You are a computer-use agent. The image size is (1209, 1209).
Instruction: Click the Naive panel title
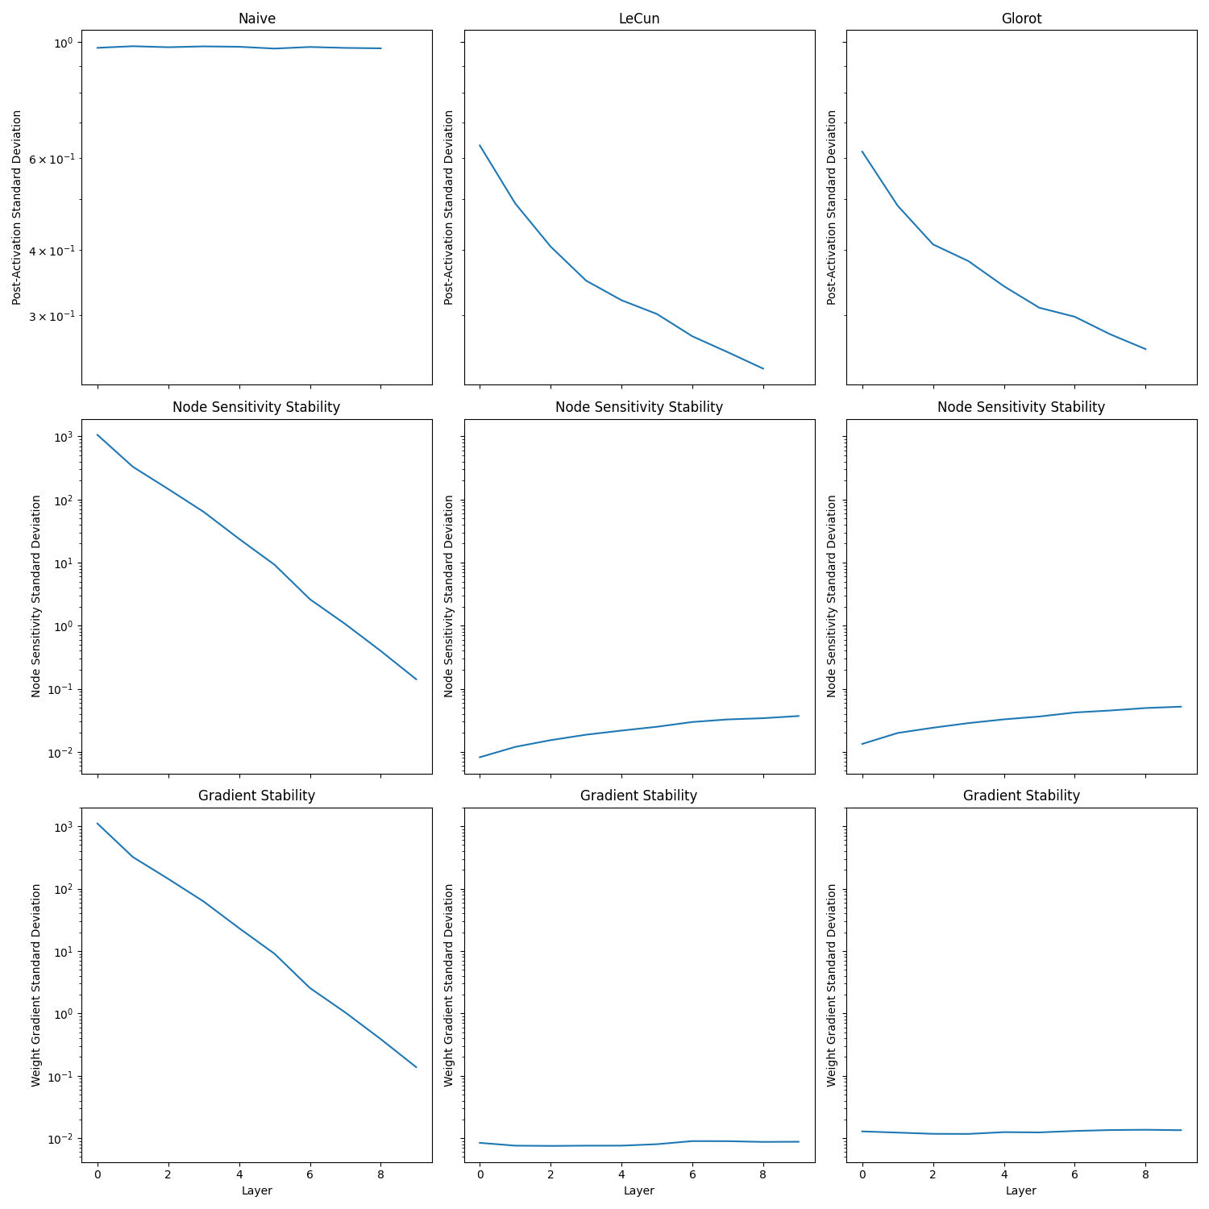click(x=256, y=19)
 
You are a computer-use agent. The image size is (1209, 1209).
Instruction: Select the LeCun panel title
click(x=638, y=19)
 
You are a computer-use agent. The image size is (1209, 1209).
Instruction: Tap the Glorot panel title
click(x=1021, y=19)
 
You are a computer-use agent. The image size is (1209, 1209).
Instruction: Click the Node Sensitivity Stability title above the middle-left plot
click(x=256, y=407)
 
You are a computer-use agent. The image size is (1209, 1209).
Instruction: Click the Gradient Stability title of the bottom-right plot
click(x=1021, y=796)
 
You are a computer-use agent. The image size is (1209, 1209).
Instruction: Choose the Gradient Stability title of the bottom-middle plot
click(x=638, y=796)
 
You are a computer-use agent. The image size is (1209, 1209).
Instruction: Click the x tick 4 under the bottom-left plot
click(x=239, y=1174)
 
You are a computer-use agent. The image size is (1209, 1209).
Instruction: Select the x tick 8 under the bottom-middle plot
click(x=763, y=1174)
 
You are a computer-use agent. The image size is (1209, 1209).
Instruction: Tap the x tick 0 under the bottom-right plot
click(x=862, y=1174)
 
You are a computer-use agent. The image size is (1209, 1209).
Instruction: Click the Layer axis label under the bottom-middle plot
click(x=638, y=1190)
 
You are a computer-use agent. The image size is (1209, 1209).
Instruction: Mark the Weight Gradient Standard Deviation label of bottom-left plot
click(x=36, y=985)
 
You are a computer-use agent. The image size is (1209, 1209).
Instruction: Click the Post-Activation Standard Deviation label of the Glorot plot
click(x=832, y=207)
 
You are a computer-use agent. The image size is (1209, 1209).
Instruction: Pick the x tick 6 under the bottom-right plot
click(x=1074, y=1174)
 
